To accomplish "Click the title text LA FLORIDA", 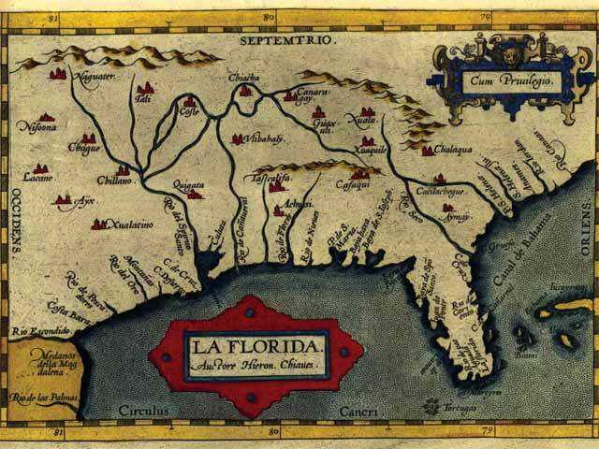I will click(x=256, y=347).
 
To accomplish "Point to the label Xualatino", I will click(x=126, y=224).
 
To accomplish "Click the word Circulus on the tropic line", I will click(x=142, y=410).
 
